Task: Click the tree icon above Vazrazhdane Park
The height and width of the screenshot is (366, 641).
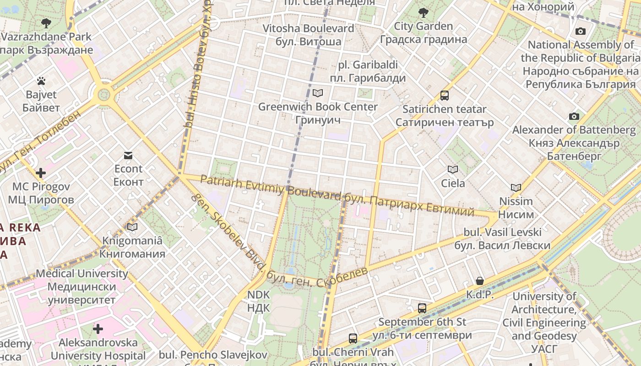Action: [x=46, y=23]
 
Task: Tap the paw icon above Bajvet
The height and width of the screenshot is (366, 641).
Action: [x=41, y=81]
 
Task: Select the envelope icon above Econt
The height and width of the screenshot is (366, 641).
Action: [x=128, y=156]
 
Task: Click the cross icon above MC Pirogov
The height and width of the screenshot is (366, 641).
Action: [x=41, y=173]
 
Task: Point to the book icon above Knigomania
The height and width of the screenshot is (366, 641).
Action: [x=132, y=227]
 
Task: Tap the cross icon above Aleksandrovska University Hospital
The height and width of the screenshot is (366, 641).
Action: [x=98, y=329]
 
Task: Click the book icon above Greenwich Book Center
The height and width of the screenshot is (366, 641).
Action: [x=317, y=93]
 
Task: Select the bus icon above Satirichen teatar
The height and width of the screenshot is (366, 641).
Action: [x=444, y=96]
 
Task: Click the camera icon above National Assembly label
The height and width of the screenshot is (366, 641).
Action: [x=581, y=32]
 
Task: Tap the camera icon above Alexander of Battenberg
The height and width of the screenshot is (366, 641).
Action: [x=574, y=117]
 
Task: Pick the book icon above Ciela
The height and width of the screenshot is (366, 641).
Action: [x=453, y=170]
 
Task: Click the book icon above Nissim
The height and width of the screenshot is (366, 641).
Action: [x=516, y=188]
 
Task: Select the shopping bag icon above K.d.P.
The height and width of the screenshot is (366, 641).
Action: [x=479, y=281]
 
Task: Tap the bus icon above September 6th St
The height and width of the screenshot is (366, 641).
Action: [x=422, y=308]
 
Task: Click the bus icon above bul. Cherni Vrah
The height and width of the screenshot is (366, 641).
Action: [x=353, y=339]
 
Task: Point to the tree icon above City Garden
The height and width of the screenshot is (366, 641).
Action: [x=423, y=12]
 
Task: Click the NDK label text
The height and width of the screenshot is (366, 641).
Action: [x=259, y=301]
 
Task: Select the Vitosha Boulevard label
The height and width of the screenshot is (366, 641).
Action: [x=308, y=35]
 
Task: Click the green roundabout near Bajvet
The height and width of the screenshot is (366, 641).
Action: [x=104, y=95]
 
